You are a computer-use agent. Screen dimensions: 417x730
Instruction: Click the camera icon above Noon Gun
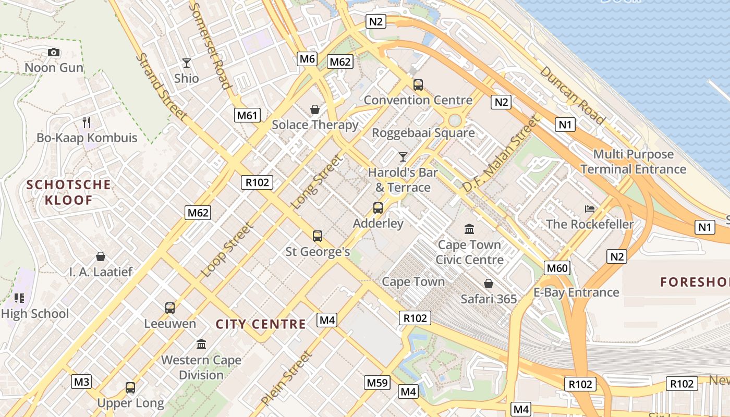53,52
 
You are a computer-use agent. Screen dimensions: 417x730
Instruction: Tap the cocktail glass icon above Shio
187,63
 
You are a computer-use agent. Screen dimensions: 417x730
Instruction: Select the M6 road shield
307,59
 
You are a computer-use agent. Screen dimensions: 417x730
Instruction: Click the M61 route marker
247,115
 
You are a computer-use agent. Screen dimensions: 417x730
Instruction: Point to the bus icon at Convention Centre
418,84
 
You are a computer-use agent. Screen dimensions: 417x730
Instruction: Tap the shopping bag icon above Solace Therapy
315,109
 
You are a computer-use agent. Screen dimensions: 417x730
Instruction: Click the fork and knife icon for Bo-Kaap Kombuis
87,122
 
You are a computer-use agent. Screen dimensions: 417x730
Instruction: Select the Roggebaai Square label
423,133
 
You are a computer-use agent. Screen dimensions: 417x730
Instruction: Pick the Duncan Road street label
572,95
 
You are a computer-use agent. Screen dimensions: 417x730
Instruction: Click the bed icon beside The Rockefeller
590,209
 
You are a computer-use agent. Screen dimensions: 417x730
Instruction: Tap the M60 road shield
557,268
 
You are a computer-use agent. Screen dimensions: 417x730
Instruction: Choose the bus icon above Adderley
378,208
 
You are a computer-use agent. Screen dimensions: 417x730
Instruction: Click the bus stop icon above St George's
317,236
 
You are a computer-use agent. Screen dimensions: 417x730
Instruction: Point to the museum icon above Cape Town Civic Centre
469,229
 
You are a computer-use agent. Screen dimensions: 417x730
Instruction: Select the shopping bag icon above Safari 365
489,284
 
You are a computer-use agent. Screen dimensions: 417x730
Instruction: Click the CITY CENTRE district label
261,324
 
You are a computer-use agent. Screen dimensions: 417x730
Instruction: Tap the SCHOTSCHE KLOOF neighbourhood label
69,192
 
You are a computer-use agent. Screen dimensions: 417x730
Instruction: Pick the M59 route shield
378,383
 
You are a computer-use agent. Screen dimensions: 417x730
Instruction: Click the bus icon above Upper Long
130,388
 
